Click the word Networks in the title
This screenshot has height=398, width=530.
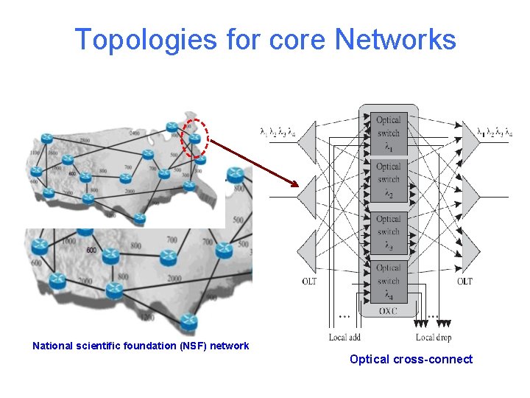395,40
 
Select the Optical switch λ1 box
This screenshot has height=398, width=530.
388,133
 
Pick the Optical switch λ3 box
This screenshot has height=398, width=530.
388,232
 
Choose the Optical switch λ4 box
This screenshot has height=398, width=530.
388,281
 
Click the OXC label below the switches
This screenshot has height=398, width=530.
387,312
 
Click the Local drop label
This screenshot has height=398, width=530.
434,338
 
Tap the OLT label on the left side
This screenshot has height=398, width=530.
310,282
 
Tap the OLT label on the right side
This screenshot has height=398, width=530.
464,282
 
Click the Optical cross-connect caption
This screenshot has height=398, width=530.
411,360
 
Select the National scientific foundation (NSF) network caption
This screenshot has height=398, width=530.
141,346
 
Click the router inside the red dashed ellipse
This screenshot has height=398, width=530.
194,138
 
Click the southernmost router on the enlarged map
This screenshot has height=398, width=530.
189,322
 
